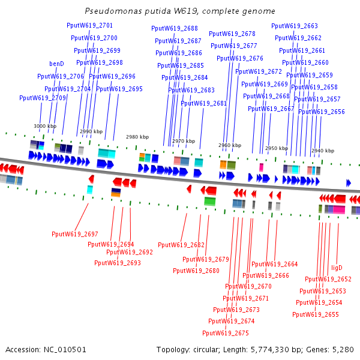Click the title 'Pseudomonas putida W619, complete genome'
click(180, 11)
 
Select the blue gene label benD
click(56, 64)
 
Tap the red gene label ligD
click(337, 268)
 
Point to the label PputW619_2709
click(43, 98)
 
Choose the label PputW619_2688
click(175, 28)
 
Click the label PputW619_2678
click(232, 34)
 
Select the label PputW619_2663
click(295, 26)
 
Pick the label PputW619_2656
click(322, 112)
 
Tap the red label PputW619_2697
click(75, 234)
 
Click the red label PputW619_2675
click(226, 333)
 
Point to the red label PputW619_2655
click(316, 314)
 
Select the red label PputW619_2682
click(181, 245)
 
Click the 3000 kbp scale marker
click(45, 126)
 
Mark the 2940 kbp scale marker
click(322, 151)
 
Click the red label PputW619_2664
click(275, 264)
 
